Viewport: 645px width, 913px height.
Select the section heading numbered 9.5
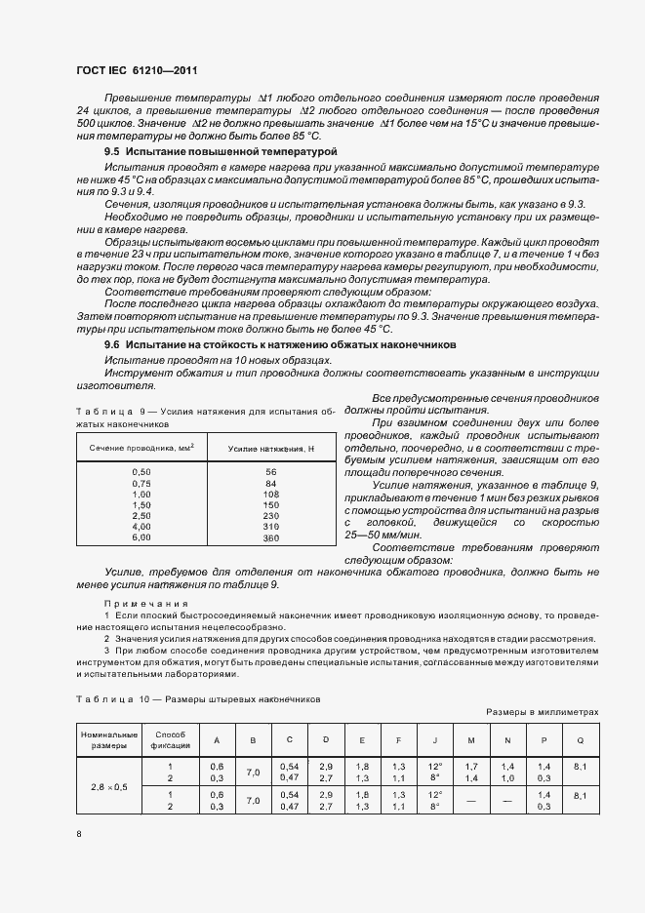click(x=221, y=152)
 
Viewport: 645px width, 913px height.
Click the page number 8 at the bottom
click(x=79, y=834)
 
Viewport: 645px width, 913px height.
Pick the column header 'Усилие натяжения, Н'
click(x=271, y=447)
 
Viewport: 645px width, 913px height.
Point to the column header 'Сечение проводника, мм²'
click(x=141, y=447)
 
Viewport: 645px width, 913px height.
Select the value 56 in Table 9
click(x=271, y=472)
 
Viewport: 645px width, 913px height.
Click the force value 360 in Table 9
click(x=271, y=537)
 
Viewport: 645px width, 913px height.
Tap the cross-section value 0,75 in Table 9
click(x=141, y=483)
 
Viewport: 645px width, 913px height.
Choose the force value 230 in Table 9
click(x=271, y=516)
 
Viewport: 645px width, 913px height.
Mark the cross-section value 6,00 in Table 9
click(x=141, y=537)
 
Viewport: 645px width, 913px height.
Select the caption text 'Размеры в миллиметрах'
click(x=543, y=713)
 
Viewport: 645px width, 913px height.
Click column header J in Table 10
click(x=435, y=739)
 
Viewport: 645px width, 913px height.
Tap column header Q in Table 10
click(x=580, y=739)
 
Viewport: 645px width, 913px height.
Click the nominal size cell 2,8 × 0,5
click(x=109, y=785)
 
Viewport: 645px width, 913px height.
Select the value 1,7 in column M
click(x=471, y=767)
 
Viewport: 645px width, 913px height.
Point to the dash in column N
click(x=507, y=801)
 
